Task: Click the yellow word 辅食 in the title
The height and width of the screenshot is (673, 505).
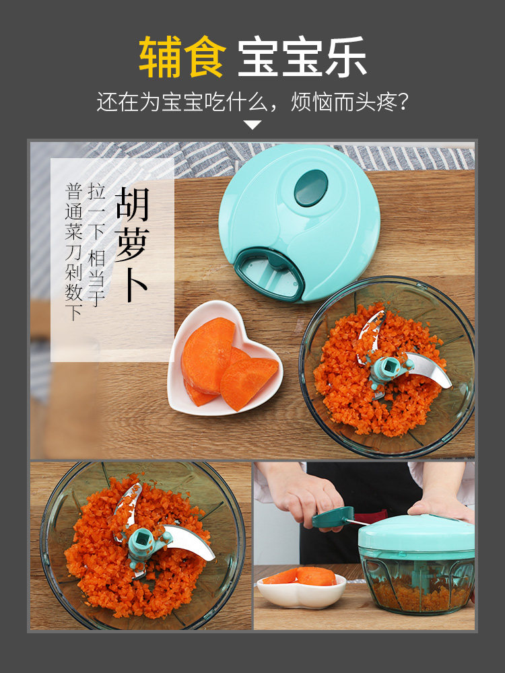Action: coord(182,57)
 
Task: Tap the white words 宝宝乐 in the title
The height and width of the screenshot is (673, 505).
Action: coord(302,57)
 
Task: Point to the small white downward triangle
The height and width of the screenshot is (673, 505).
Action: coord(252,125)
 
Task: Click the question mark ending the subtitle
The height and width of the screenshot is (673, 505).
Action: coord(403,102)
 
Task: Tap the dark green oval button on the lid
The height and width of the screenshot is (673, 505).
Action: coord(311,188)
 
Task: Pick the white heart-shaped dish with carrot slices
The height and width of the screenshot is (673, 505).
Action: coord(225,359)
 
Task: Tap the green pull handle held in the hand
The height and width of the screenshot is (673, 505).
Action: coord(333,517)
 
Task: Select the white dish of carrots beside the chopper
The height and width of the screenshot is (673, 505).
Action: coord(302,588)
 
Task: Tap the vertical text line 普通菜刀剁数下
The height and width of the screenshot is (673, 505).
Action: coord(73,252)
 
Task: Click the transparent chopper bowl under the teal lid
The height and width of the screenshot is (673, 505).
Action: coord(417,583)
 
